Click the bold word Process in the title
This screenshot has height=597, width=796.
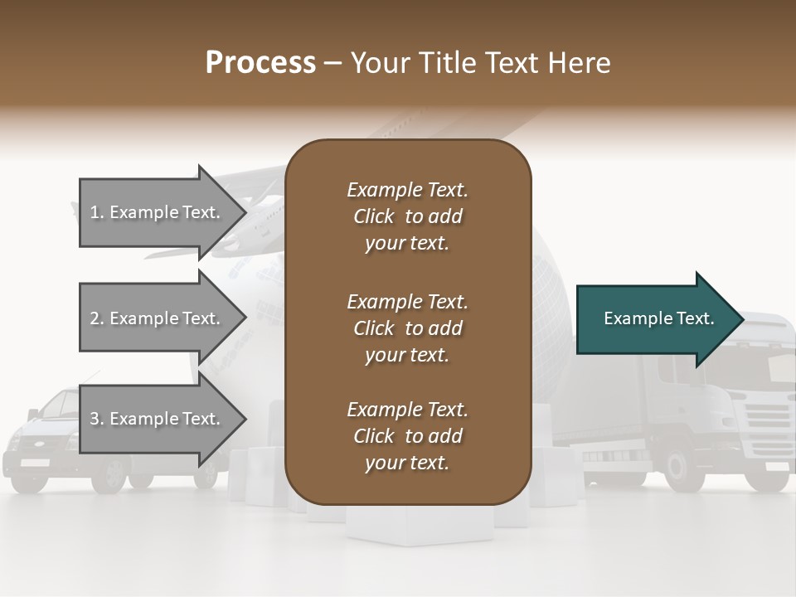(260, 62)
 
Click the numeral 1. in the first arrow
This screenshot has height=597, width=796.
(97, 212)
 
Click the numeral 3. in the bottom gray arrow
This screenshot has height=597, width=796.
(97, 419)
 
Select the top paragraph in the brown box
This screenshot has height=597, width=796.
(407, 216)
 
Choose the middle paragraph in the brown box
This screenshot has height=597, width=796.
(407, 328)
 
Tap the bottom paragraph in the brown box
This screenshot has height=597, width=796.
(407, 435)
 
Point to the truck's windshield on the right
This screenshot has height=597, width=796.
(767, 365)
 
